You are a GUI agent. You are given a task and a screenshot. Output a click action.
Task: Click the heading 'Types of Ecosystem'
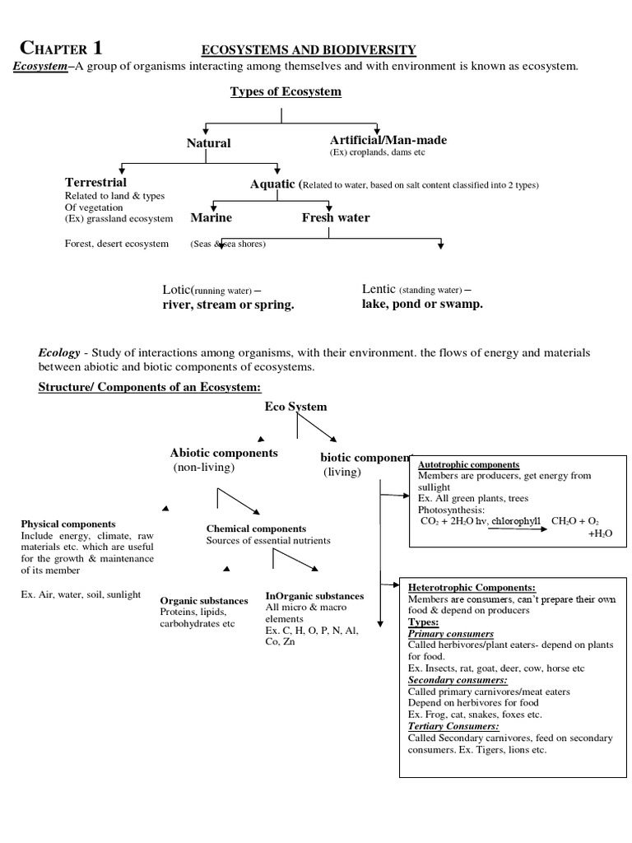286,91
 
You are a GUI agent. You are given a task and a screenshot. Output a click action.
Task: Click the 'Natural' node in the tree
208,143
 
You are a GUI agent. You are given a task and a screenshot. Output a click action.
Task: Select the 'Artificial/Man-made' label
381,140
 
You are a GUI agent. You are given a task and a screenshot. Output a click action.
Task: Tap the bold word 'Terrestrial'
95,182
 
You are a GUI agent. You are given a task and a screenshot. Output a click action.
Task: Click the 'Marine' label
211,218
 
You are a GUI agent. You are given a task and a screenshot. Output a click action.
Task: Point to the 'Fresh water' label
336,218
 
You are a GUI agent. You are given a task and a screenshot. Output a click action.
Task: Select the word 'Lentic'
379,289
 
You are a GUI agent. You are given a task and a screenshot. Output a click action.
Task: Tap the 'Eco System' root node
295,407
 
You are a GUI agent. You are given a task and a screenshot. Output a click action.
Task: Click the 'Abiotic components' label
224,453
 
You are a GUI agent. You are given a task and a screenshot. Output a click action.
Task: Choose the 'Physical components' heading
68,524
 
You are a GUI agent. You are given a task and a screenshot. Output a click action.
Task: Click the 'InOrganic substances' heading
314,595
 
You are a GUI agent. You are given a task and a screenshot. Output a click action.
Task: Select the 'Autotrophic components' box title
468,464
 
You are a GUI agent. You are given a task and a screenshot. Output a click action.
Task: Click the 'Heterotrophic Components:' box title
472,588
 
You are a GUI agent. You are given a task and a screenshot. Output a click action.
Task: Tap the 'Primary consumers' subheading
451,634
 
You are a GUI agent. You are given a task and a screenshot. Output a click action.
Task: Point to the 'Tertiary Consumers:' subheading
453,726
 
